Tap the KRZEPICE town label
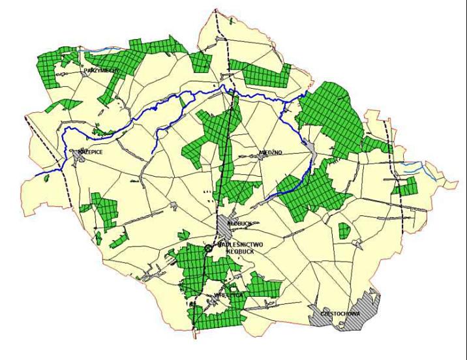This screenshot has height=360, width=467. pyautogui.click(x=91, y=151)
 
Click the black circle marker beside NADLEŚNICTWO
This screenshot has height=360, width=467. pyautogui.click(x=209, y=248)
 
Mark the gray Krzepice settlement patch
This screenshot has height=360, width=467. pyautogui.click(x=77, y=158)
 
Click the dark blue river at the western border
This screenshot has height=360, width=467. pyautogui.click(x=46, y=175)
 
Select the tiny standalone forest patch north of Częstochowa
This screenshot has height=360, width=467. pyautogui.click(x=343, y=230)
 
